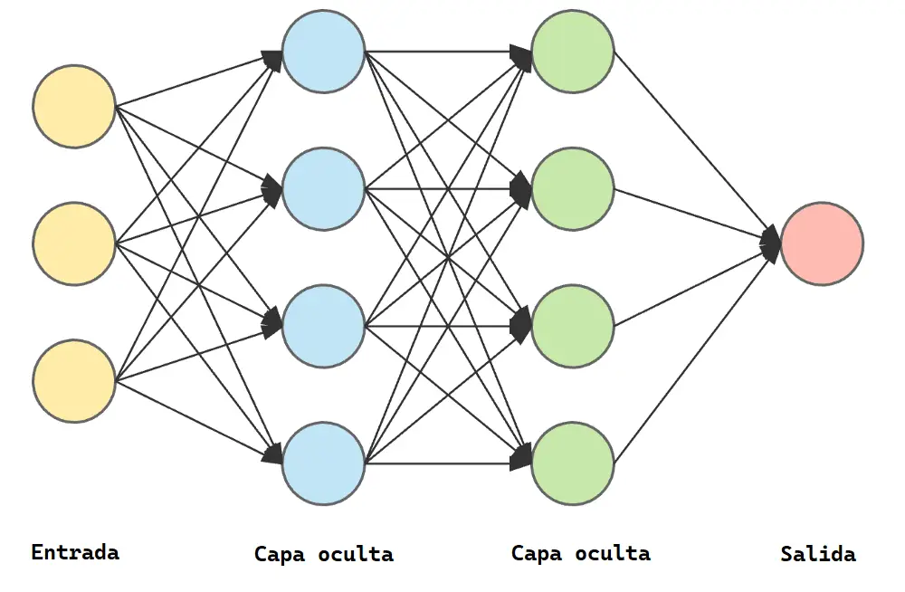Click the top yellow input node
coord(74,106)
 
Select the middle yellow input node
coord(74,243)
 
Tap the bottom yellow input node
coord(74,381)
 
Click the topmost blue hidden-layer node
coord(323,52)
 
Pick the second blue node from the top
coord(323,189)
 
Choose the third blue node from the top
coord(323,326)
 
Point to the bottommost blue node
coord(323,463)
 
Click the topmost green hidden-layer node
coord(573,52)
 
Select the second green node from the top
coord(573,189)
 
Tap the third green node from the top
coord(573,326)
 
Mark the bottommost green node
coord(573,463)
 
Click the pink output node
coord(822,243)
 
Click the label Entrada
coord(75,551)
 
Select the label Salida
coord(818,554)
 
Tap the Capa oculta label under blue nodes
coord(323,554)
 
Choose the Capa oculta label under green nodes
coord(580,552)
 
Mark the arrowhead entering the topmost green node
coord(522,54)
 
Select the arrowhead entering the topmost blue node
coord(272,58)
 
